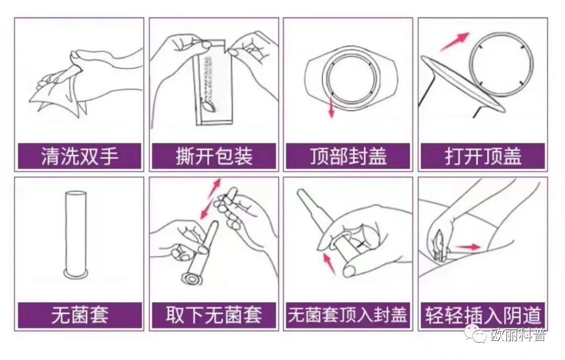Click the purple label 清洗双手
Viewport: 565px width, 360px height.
(80, 156)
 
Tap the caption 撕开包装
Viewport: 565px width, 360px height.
(214, 156)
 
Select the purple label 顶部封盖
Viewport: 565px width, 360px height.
(348, 156)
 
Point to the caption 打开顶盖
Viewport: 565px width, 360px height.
(483, 156)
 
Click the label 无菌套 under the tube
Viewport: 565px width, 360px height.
(80, 316)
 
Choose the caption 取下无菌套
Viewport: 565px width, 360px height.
(214, 316)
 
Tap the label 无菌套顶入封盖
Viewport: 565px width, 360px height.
(348, 316)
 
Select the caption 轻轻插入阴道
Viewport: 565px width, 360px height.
(483, 316)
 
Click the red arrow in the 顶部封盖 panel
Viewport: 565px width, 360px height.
(331, 107)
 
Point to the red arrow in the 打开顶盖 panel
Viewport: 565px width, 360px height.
(454, 41)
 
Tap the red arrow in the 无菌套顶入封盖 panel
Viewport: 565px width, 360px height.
(329, 263)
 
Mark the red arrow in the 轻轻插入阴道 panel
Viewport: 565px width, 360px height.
(467, 247)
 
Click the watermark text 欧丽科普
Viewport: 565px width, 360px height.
(518, 335)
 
